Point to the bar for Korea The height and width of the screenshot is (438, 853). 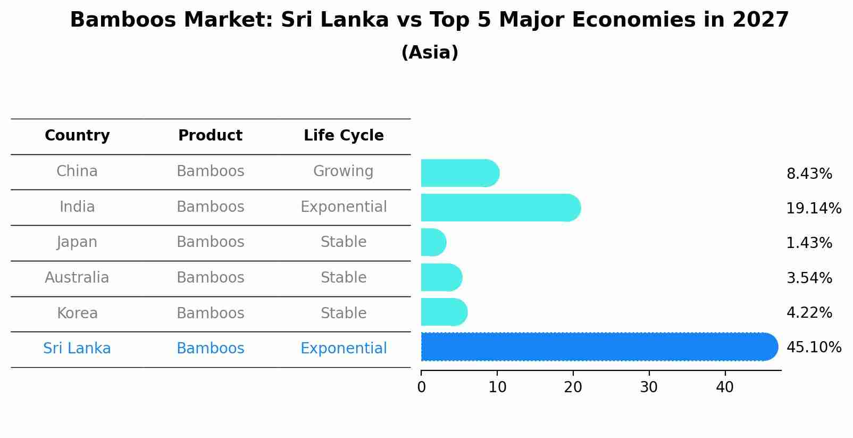(x=444, y=312)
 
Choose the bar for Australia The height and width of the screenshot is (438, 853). (x=441, y=277)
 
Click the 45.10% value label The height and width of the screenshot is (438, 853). (x=814, y=348)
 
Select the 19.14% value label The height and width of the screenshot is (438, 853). (x=814, y=209)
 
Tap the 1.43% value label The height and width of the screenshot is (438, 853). (x=809, y=243)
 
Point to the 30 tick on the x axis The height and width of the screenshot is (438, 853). (x=649, y=387)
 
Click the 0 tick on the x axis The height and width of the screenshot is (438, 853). (x=421, y=387)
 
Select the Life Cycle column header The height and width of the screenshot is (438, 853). (x=344, y=136)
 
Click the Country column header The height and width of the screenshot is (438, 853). (x=77, y=136)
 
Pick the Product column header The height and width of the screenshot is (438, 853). (x=210, y=136)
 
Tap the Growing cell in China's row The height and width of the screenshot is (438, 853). (x=343, y=171)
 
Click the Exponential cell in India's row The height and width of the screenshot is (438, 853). (x=344, y=207)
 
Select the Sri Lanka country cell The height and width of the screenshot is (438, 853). (x=77, y=349)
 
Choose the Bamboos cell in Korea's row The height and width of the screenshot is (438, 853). (x=210, y=313)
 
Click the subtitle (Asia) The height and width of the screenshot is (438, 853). (x=430, y=53)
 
